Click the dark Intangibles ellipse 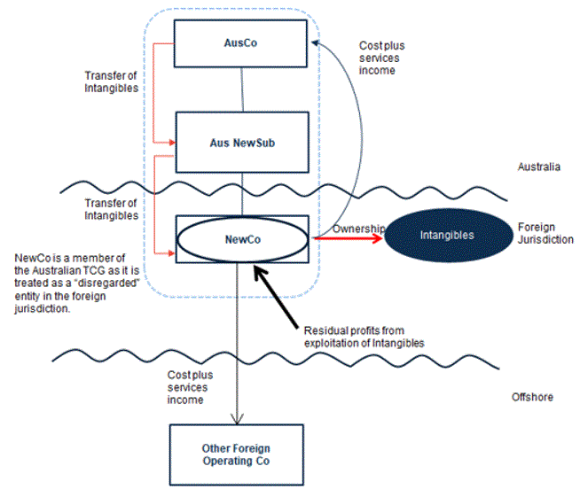[x=446, y=235]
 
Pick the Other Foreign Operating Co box [x=237, y=454]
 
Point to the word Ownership [x=358, y=229]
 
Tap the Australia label [x=538, y=167]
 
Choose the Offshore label [x=533, y=396]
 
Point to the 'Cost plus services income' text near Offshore [x=192, y=387]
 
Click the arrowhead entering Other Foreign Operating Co [x=237, y=418]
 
